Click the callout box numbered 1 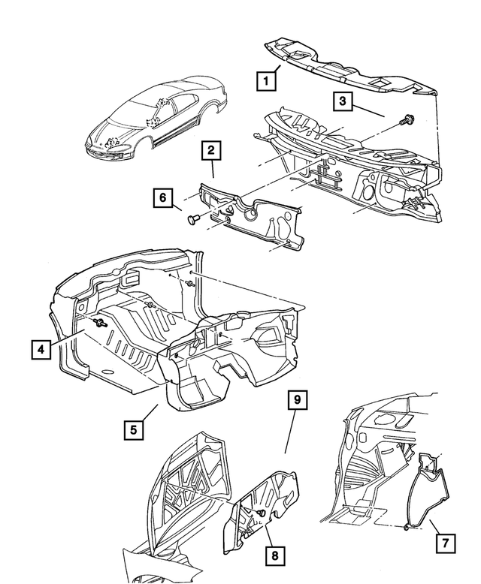[266, 80]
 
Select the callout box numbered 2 [211, 150]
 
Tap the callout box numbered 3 [342, 101]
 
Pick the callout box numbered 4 [41, 350]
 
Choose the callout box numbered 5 [134, 430]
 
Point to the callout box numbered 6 [163, 197]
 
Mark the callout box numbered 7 [445, 543]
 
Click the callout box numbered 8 [275, 555]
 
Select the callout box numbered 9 [297, 400]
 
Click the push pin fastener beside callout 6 [192, 219]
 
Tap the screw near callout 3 [408, 120]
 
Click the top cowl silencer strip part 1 [350, 69]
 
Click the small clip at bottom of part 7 [407, 527]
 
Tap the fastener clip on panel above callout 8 [262, 513]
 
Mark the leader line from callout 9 [291, 432]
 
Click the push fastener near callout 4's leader [100, 323]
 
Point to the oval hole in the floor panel [107, 372]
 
